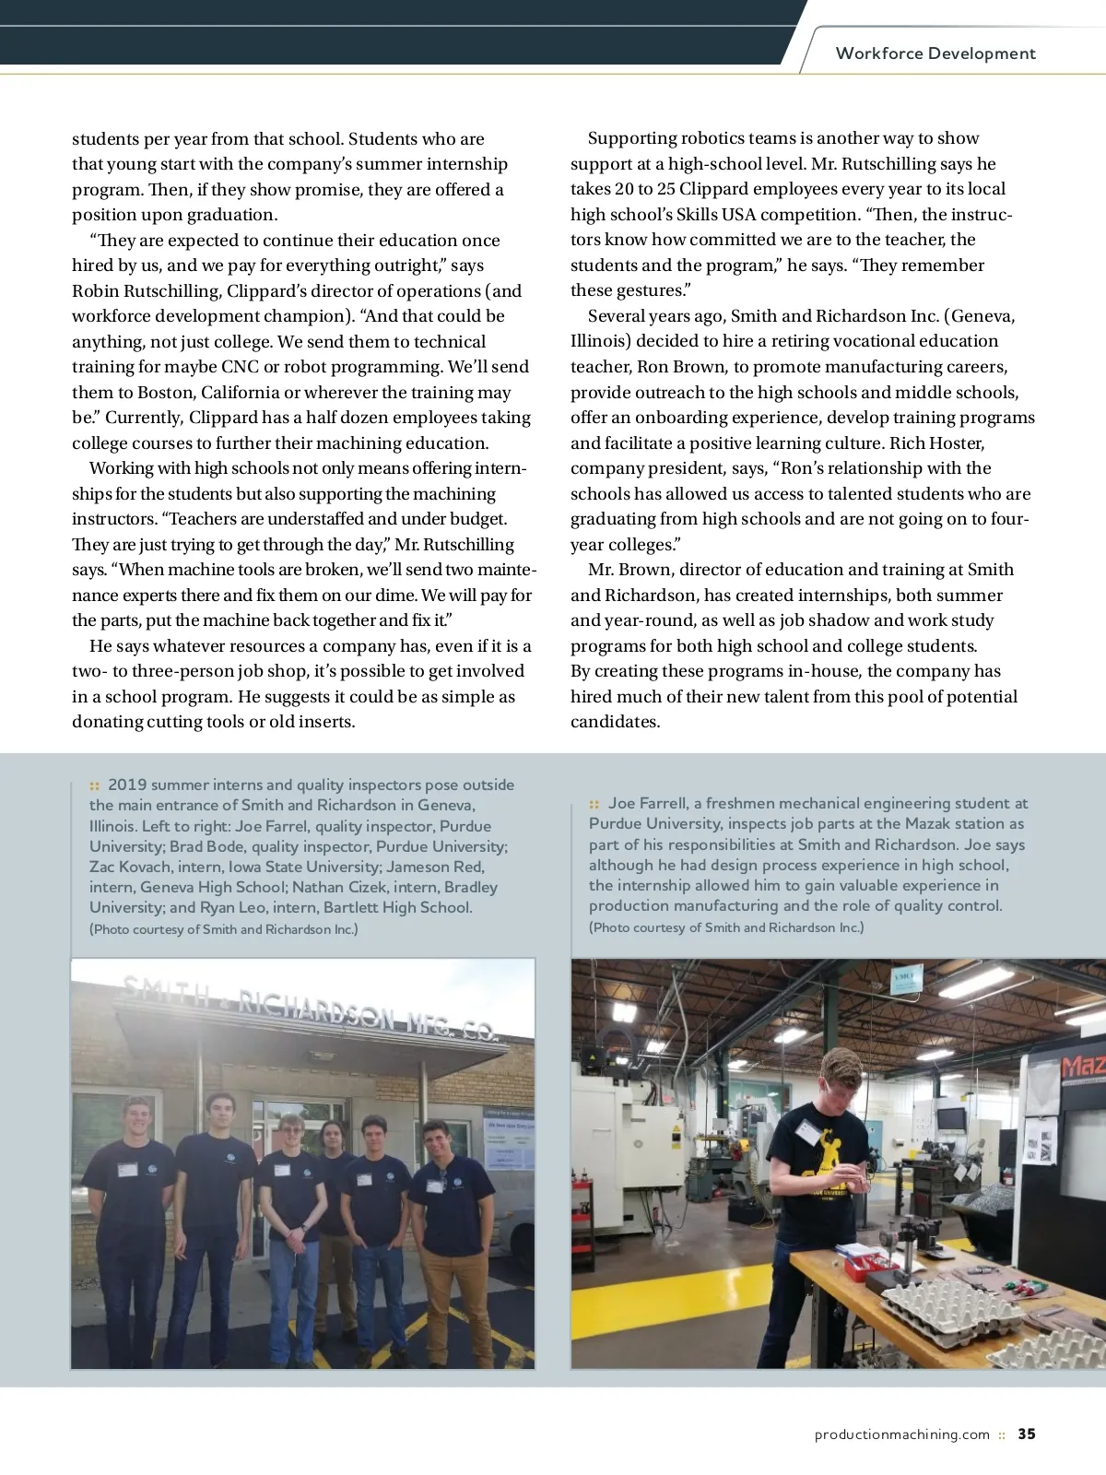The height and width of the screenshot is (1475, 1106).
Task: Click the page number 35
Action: (x=1027, y=1434)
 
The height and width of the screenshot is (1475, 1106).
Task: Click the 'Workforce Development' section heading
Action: (x=935, y=53)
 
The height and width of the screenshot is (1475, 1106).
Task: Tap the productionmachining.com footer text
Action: (x=901, y=1434)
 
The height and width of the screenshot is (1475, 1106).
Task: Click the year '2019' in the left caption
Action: (x=126, y=785)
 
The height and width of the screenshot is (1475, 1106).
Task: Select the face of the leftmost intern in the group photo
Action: (x=137, y=1117)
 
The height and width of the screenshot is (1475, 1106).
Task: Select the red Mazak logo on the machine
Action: (x=1083, y=1068)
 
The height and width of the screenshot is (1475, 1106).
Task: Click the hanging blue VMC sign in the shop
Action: (x=905, y=979)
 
